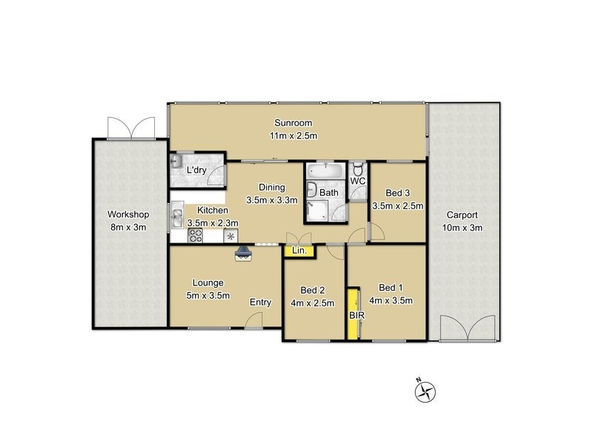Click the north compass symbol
point(426,390)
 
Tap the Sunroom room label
point(293,123)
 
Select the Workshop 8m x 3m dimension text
point(128,228)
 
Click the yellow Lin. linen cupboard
point(299,251)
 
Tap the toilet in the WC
point(357,169)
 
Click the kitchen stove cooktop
point(196,236)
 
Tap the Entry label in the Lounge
point(259,302)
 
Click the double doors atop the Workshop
point(131,128)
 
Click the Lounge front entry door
point(254,320)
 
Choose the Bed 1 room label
point(391,288)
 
